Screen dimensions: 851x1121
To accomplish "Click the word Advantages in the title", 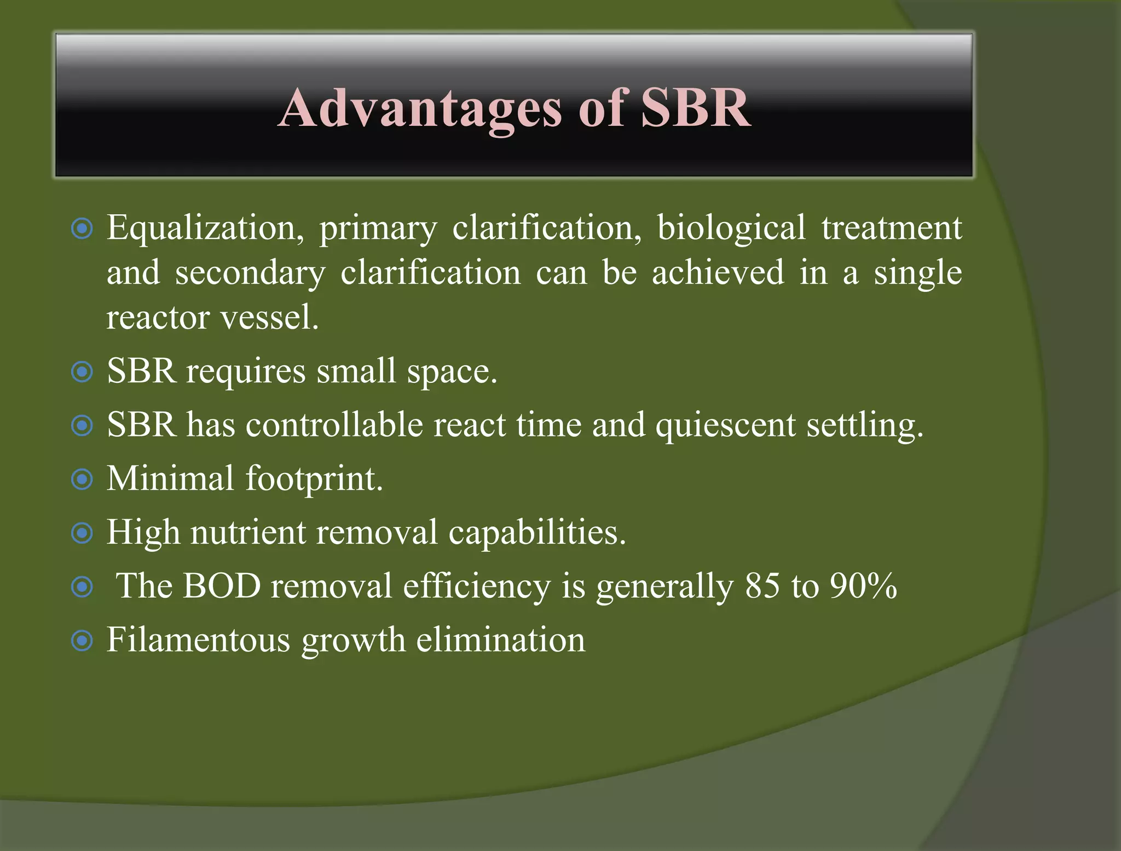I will (x=420, y=109).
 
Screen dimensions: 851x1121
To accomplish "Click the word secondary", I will (x=250, y=273).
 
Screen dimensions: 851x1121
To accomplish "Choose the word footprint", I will (x=314, y=479).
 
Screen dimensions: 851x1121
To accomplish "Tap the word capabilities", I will (x=537, y=533).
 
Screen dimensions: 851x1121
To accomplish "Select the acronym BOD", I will (x=222, y=586).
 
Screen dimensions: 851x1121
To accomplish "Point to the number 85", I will (x=762, y=586).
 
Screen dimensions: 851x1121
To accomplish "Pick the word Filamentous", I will (x=198, y=639).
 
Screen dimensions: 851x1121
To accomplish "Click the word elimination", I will (x=500, y=639).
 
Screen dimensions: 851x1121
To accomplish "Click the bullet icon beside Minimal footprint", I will (x=82, y=480).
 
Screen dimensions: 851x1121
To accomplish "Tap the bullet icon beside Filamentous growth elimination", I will (x=82, y=640).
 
